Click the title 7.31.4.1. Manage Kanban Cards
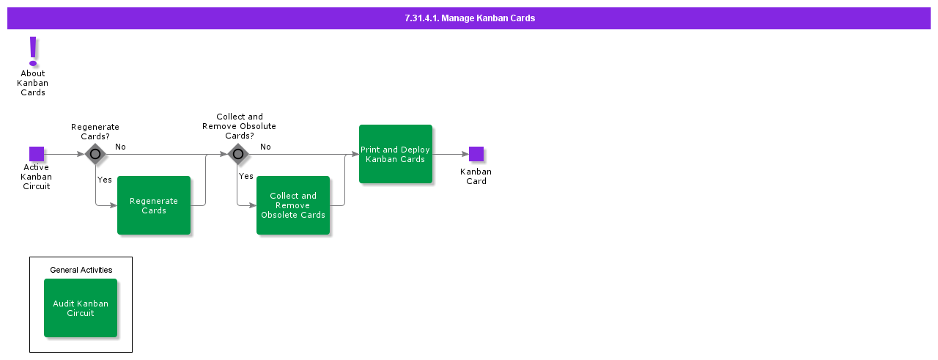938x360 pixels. (x=469, y=18)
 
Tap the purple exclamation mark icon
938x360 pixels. (x=32, y=51)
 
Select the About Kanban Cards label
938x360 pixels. (x=32, y=83)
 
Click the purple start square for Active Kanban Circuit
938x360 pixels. (x=37, y=154)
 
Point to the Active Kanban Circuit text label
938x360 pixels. (x=36, y=177)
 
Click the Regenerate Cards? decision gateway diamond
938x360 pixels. (x=95, y=154)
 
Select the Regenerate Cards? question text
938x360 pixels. (x=95, y=132)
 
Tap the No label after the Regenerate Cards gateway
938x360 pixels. (x=120, y=147)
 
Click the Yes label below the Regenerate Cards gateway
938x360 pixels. (x=105, y=180)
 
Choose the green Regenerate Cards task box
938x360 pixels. (x=154, y=205)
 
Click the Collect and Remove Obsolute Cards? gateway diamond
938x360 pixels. (x=237, y=154)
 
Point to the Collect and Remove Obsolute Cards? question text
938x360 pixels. (x=239, y=126)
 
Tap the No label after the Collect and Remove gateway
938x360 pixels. (x=265, y=147)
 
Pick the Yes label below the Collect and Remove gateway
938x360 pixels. (x=246, y=176)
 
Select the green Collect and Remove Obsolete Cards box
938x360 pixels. (x=293, y=205)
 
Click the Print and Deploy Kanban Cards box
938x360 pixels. (x=396, y=154)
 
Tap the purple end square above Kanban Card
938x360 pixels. (x=476, y=154)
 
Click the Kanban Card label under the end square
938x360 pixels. (x=476, y=177)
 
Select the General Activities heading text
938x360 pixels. (x=81, y=270)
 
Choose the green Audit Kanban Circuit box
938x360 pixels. (x=81, y=308)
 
